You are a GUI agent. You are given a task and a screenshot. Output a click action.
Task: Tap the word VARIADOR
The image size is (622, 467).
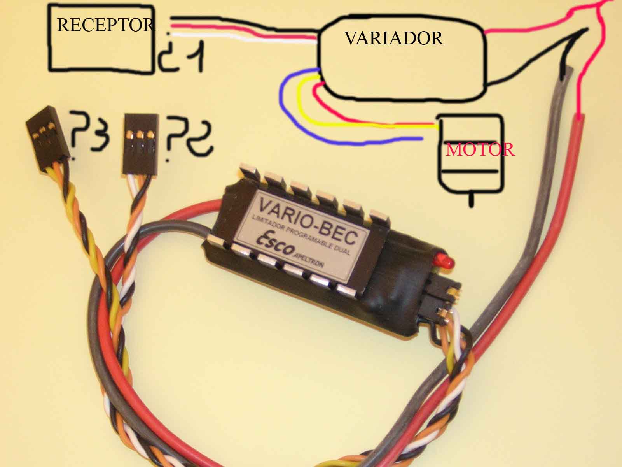[394, 39]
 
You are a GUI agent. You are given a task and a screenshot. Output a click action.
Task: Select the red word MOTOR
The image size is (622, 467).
[480, 150]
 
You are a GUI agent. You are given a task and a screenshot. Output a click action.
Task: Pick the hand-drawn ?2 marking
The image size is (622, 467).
[189, 136]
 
